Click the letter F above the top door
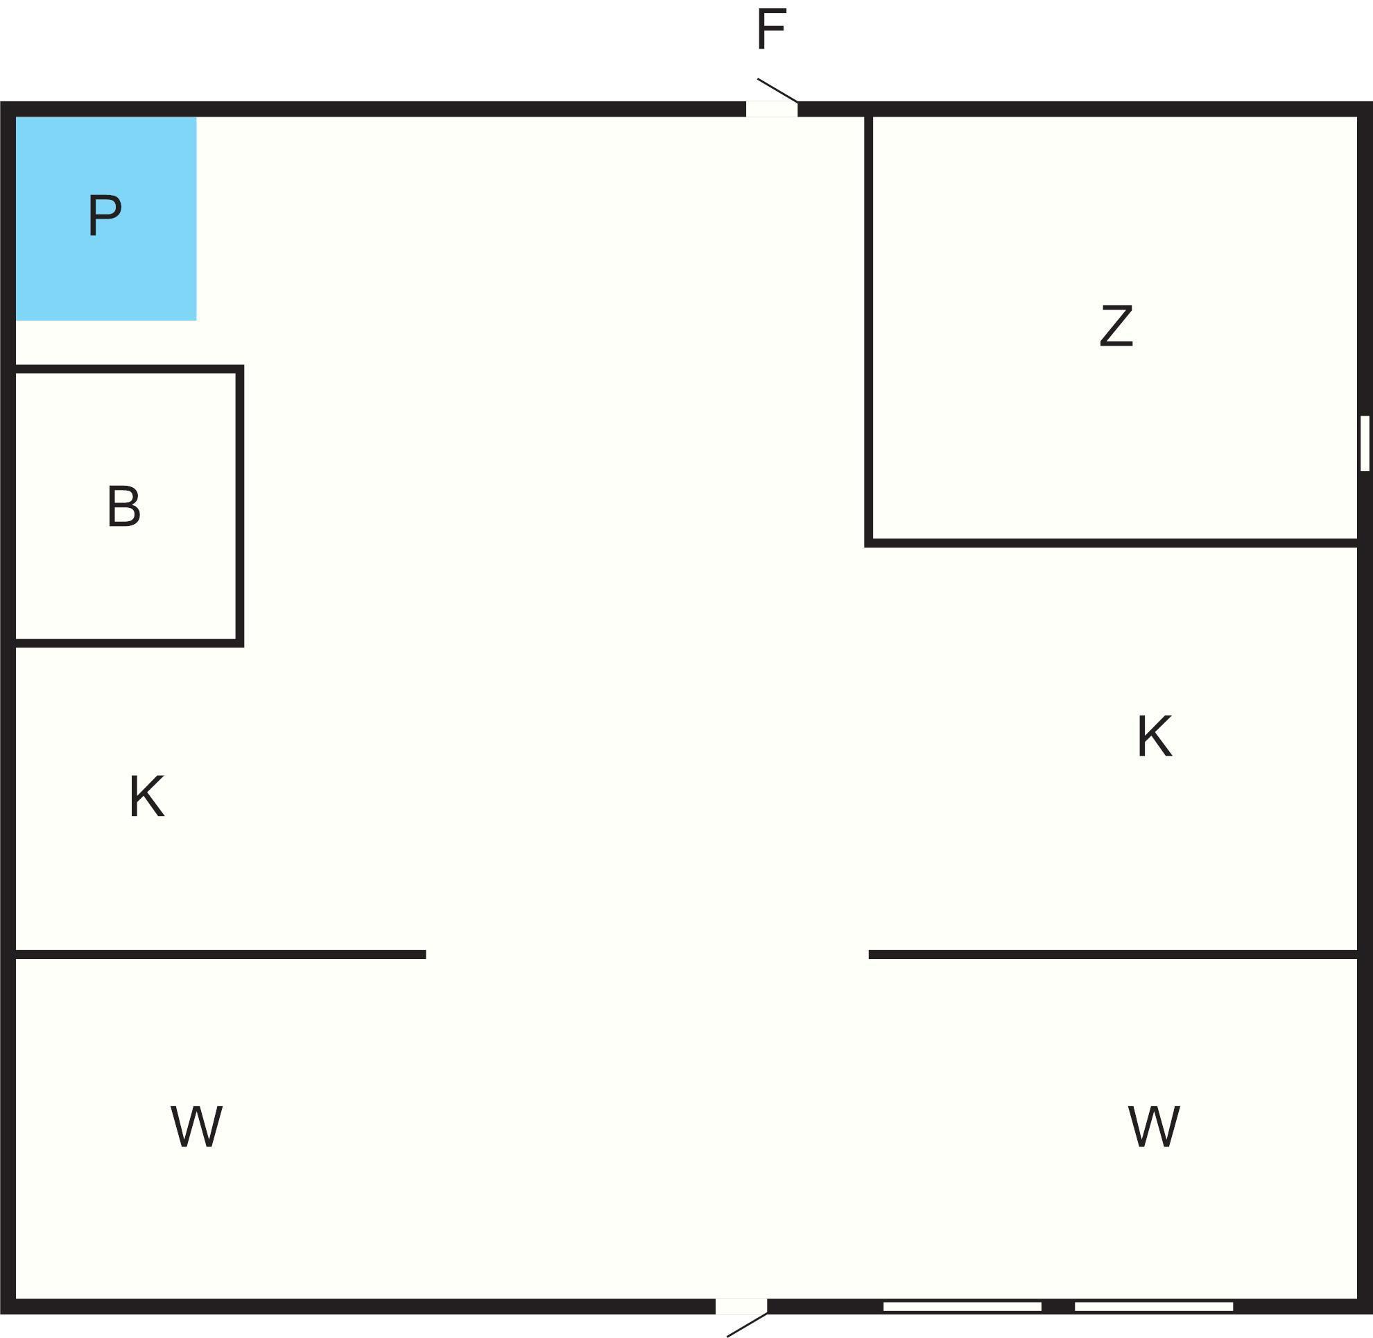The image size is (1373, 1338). tap(770, 30)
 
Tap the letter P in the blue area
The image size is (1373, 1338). tap(105, 215)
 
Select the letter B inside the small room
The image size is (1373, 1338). tap(123, 506)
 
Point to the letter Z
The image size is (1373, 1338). tap(1116, 325)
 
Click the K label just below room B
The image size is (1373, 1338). tap(146, 796)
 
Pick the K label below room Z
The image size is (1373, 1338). tap(1154, 736)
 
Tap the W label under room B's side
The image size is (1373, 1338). tap(196, 1126)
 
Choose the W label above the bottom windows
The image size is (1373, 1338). tap(1153, 1126)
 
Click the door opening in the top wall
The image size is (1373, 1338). tap(771, 109)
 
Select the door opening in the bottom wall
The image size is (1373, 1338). tap(741, 1306)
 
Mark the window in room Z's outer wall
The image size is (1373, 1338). tap(1365, 443)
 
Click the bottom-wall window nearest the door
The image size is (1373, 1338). tap(962, 1306)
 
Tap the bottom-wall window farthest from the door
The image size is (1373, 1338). tap(1154, 1306)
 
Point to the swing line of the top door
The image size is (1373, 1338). tap(777, 90)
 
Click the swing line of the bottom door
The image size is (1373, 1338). tap(748, 1324)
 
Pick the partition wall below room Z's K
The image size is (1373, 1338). tap(1113, 954)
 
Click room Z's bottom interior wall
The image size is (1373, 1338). tap(1113, 543)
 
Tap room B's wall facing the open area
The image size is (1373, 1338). tap(239, 506)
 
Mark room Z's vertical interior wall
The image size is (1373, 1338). tap(869, 327)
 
